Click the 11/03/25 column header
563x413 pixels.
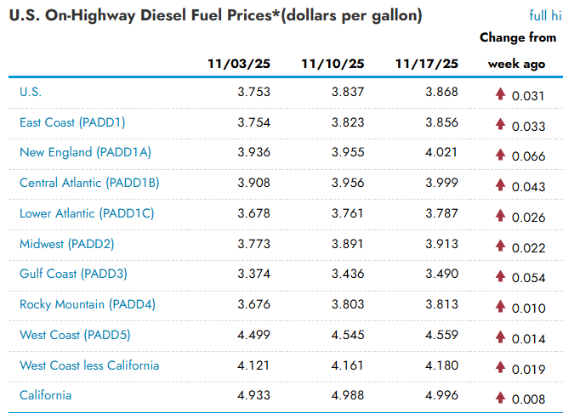pos(239,65)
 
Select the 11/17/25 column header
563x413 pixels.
pos(427,65)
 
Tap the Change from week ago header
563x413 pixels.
pos(516,51)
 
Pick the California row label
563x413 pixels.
pos(46,395)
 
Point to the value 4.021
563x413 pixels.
pos(441,153)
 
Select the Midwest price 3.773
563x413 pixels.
pos(254,244)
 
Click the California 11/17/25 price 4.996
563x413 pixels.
pos(441,395)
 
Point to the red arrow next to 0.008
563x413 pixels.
pos(501,397)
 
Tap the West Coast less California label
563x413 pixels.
pos(89,365)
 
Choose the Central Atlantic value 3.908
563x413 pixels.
pos(254,183)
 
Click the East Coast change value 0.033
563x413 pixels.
pos(528,127)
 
